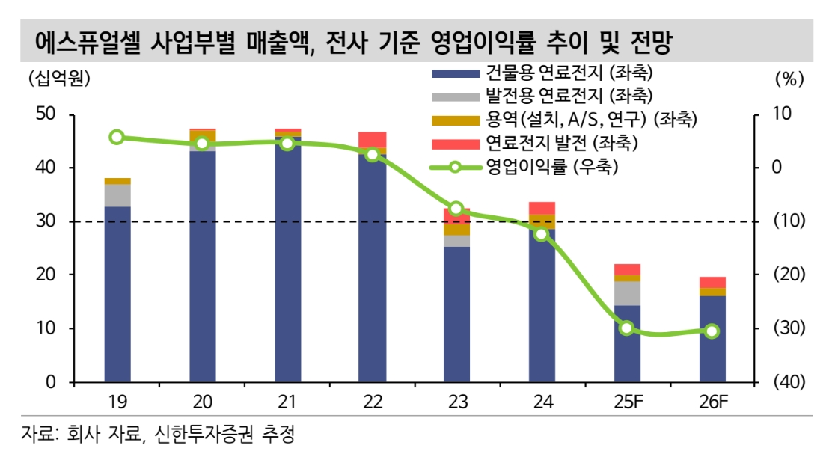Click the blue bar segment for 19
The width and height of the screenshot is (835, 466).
click(x=117, y=294)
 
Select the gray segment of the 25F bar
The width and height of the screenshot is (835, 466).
click(x=627, y=293)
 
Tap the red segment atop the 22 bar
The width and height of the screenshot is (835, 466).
click(x=372, y=139)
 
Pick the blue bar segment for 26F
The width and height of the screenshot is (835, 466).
click(x=712, y=339)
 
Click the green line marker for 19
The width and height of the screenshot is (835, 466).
click(x=117, y=137)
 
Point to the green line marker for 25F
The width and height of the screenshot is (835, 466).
click(x=627, y=328)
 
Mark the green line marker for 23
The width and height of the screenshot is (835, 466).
click(x=456, y=209)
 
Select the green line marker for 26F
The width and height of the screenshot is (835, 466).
click(x=712, y=331)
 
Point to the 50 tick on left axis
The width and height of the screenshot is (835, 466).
click(x=46, y=114)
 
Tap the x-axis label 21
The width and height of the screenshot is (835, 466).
click(x=287, y=402)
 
